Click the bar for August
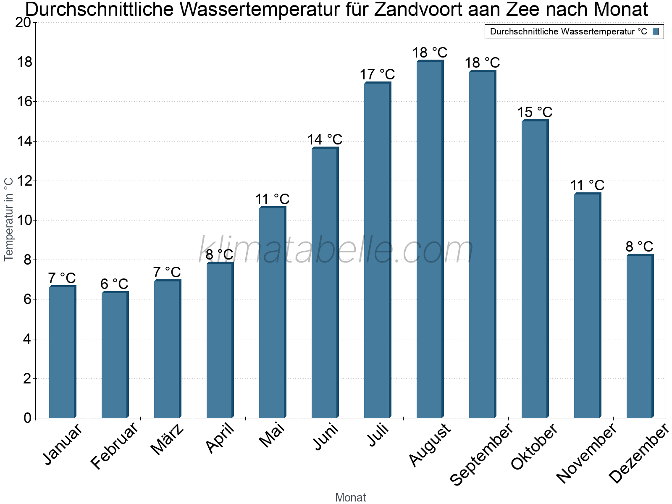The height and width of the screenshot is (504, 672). click(430, 239)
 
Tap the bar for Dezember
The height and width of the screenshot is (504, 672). click(640, 336)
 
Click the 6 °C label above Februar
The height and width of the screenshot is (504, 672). click(114, 284)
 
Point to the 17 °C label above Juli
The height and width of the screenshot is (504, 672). click(377, 74)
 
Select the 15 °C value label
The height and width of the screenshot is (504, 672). click(534, 112)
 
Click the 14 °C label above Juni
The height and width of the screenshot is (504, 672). click(325, 139)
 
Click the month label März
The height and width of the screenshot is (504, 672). click(167, 439)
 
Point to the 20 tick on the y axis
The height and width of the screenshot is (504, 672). click(24, 23)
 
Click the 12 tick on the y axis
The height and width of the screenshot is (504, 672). click(24, 181)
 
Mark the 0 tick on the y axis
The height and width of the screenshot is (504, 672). click(27, 418)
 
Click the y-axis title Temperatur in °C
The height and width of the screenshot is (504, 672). click(9, 219)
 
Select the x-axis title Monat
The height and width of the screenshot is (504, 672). click(350, 497)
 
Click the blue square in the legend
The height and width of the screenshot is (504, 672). click(656, 31)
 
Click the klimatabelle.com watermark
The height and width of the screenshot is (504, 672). click(336, 249)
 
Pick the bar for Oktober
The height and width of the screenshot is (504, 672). click(535, 269)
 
